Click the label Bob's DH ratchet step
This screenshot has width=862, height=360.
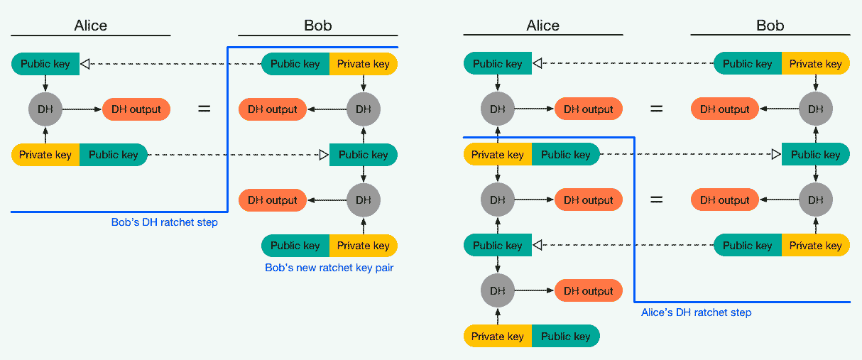(164, 222)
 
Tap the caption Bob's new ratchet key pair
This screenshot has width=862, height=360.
(329, 268)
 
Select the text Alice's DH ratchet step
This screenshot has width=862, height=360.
(696, 312)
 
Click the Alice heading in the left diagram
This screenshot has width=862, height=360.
(91, 26)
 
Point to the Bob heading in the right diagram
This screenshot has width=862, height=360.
(770, 26)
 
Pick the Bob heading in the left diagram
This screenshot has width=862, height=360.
(317, 26)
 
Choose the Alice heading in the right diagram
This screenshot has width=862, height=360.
(543, 26)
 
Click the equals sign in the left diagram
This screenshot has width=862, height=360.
(204, 109)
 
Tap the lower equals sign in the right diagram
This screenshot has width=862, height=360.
(657, 200)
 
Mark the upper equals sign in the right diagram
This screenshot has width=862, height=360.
(657, 109)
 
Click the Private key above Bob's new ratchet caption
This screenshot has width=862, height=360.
(364, 246)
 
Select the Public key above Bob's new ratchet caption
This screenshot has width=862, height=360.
(295, 246)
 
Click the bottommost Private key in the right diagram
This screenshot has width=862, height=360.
(498, 337)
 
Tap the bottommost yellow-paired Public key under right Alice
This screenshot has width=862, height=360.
(566, 337)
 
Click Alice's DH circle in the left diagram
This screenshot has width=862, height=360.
(45, 109)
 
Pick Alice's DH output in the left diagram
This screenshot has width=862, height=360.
(136, 109)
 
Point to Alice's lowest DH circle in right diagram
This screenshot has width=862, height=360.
(498, 291)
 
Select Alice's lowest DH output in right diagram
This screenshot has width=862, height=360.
(588, 291)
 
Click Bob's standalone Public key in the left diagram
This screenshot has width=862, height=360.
(364, 155)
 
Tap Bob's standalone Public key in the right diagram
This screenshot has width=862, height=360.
(815, 155)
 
